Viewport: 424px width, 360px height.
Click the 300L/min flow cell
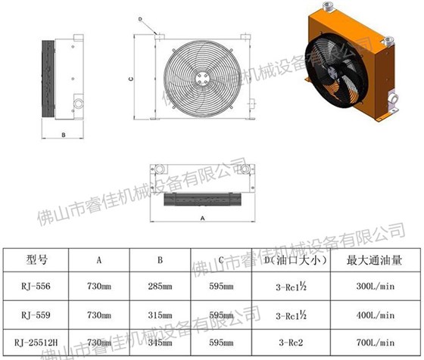(376, 287)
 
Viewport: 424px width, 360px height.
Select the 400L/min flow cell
(376, 315)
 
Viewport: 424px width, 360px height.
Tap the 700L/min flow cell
(376, 343)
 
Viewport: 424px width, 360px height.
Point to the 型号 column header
(36, 259)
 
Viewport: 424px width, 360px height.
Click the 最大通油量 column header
(374, 259)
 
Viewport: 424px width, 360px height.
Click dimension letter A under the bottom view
(202, 218)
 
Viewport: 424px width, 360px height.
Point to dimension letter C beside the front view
(132, 76)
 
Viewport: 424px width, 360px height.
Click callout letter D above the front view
(141, 17)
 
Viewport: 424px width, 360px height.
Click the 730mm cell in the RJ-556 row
(99, 287)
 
